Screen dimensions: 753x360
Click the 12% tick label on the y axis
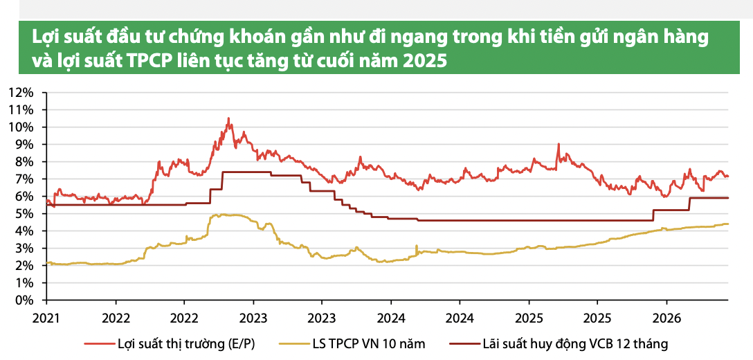(21, 93)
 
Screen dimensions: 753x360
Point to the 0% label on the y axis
(24, 300)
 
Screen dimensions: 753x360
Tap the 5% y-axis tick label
(24, 214)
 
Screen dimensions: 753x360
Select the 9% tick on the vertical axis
(24, 145)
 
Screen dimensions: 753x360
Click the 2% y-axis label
(24, 266)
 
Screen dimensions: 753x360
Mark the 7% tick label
(24, 179)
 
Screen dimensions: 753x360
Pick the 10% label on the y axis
(21, 127)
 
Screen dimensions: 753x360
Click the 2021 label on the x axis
(47, 318)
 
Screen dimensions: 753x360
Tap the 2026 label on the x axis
(666, 318)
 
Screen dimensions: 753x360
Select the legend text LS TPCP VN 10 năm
(368, 344)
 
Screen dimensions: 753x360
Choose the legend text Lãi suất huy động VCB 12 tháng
(574, 344)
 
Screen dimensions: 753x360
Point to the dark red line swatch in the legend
(465, 344)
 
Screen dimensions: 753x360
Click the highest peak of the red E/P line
(228, 118)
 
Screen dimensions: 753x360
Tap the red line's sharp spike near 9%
(559, 144)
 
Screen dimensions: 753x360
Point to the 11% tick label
(21, 110)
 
